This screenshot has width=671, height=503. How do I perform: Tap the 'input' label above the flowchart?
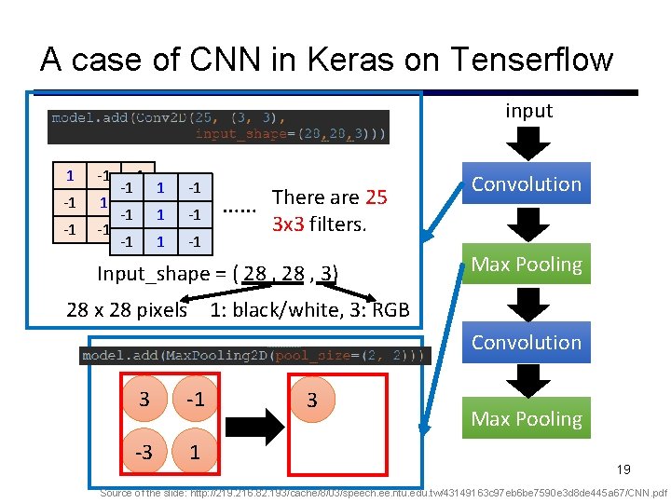(x=528, y=111)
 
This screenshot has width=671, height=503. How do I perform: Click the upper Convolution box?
(x=526, y=184)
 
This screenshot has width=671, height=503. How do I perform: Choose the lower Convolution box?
(x=526, y=342)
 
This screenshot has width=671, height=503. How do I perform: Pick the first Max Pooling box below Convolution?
(x=526, y=265)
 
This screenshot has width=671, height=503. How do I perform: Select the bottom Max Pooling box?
(x=526, y=419)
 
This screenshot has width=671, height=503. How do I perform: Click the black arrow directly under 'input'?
(x=527, y=144)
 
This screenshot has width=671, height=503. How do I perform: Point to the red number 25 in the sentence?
(x=376, y=197)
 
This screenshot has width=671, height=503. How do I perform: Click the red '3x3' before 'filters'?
(x=291, y=224)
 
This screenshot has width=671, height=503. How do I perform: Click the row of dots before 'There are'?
(x=240, y=210)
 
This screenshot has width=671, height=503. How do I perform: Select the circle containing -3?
(x=144, y=453)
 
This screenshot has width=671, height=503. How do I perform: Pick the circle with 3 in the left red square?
(x=144, y=401)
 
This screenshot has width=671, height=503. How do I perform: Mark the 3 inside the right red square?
(x=312, y=401)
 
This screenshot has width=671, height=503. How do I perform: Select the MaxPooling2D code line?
(x=254, y=355)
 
